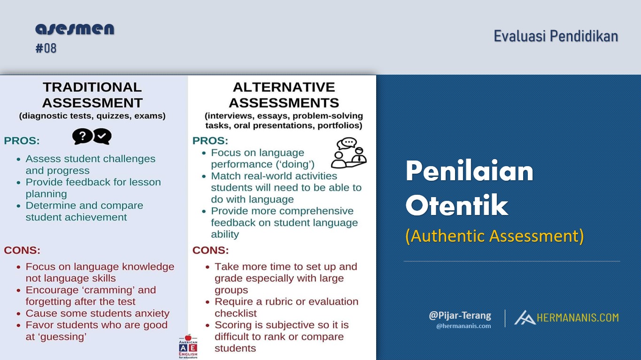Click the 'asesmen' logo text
pyautogui.click(x=75, y=29)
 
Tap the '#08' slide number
pyautogui.click(x=46, y=48)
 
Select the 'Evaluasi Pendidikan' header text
pyautogui.click(x=556, y=36)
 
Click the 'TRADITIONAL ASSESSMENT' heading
pyautogui.click(x=92, y=95)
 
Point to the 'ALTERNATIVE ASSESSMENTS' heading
pyautogui.click(x=284, y=95)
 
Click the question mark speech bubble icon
pyautogui.click(x=82, y=137)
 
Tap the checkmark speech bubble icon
pyautogui.click(x=102, y=137)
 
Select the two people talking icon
pyautogui.click(x=348, y=153)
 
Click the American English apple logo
pyautogui.click(x=188, y=346)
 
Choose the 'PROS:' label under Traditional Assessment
pyautogui.click(x=22, y=141)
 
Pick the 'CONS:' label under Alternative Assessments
pyautogui.click(x=210, y=250)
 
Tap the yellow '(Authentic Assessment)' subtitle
pyautogui.click(x=494, y=236)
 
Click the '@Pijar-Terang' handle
pyautogui.click(x=460, y=315)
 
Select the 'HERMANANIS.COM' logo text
pyautogui.click(x=577, y=318)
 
